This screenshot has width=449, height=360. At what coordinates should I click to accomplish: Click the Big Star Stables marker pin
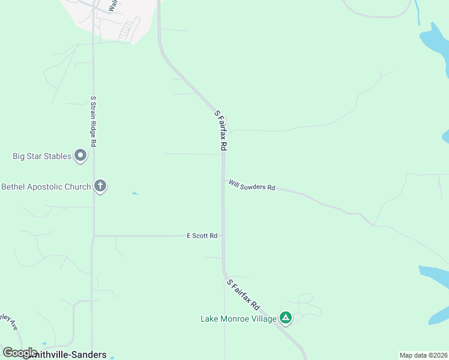(x=80, y=157)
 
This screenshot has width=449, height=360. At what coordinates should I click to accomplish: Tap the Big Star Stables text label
(x=42, y=157)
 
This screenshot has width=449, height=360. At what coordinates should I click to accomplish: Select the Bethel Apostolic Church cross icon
(x=100, y=187)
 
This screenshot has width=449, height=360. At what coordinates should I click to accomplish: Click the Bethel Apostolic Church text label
(x=46, y=187)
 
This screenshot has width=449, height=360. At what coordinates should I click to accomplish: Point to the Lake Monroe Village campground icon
(x=286, y=318)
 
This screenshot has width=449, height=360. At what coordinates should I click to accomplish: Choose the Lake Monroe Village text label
(x=238, y=319)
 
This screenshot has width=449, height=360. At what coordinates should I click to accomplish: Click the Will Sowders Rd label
(x=252, y=185)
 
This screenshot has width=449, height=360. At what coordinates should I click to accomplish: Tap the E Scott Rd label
(x=202, y=236)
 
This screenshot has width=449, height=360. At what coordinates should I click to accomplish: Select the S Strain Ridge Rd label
(x=93, y=121)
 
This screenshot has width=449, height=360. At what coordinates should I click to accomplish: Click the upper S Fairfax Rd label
(x=220, y=130)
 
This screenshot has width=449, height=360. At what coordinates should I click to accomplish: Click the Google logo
(x=20, y=352)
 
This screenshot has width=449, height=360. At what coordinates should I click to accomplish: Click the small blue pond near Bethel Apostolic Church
(x=135, y=193)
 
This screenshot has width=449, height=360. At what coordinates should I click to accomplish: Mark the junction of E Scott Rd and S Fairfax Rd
(x=223, y=236)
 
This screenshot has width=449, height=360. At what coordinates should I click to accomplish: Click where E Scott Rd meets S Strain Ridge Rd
(x=93, y=236)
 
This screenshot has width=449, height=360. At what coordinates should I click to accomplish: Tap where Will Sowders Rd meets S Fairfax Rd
(x=223, y=179)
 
